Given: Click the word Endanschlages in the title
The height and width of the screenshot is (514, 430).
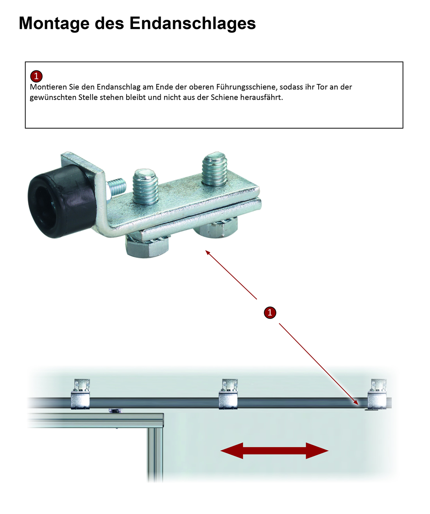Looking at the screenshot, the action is [193, 23].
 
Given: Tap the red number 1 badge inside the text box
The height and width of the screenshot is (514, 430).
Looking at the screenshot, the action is [36, 76].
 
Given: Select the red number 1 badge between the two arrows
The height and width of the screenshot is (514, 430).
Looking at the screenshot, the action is [270, 312].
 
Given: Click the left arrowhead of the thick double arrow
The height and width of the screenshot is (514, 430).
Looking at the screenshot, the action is [232, 451].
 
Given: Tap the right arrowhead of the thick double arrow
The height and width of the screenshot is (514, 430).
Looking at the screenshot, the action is [317, 451].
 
